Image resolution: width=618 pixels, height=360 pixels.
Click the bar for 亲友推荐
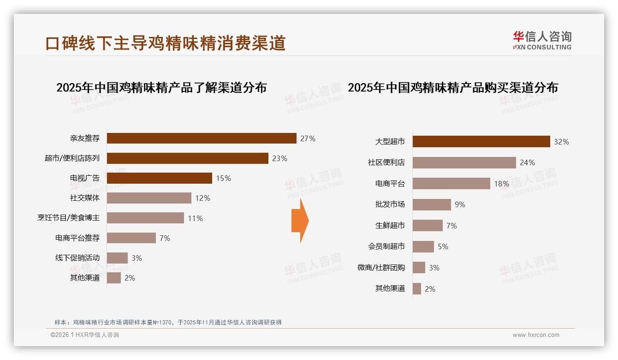[202, 138]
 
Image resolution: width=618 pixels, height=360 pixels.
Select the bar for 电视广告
[160, 178]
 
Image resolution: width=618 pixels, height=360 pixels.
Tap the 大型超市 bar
[481, 141]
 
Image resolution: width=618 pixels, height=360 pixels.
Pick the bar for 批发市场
[432, 204]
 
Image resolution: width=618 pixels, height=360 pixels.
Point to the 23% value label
[279, 158]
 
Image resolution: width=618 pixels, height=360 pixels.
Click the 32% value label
[561, 142]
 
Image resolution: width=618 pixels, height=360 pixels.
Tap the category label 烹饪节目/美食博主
[68, 218]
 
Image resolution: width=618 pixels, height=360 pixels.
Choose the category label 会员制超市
[386, 246]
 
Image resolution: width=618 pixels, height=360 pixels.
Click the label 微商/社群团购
[381, 268]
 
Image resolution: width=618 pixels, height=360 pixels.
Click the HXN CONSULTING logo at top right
[542, 41]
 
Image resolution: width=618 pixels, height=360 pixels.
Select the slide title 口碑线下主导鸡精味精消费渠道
[166, 43]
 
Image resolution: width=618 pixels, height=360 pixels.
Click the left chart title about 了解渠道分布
[161, 88]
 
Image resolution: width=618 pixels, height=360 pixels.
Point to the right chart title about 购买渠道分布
[452, 88]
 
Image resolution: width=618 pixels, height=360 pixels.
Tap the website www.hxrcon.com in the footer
[535, 335]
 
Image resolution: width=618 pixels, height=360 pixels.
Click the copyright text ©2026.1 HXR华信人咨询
[84, 335]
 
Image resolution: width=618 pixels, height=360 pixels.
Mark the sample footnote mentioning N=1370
[168, 323]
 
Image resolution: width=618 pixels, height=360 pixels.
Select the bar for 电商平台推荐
[131, 238]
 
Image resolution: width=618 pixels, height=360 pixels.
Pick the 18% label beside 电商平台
[501, 184]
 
